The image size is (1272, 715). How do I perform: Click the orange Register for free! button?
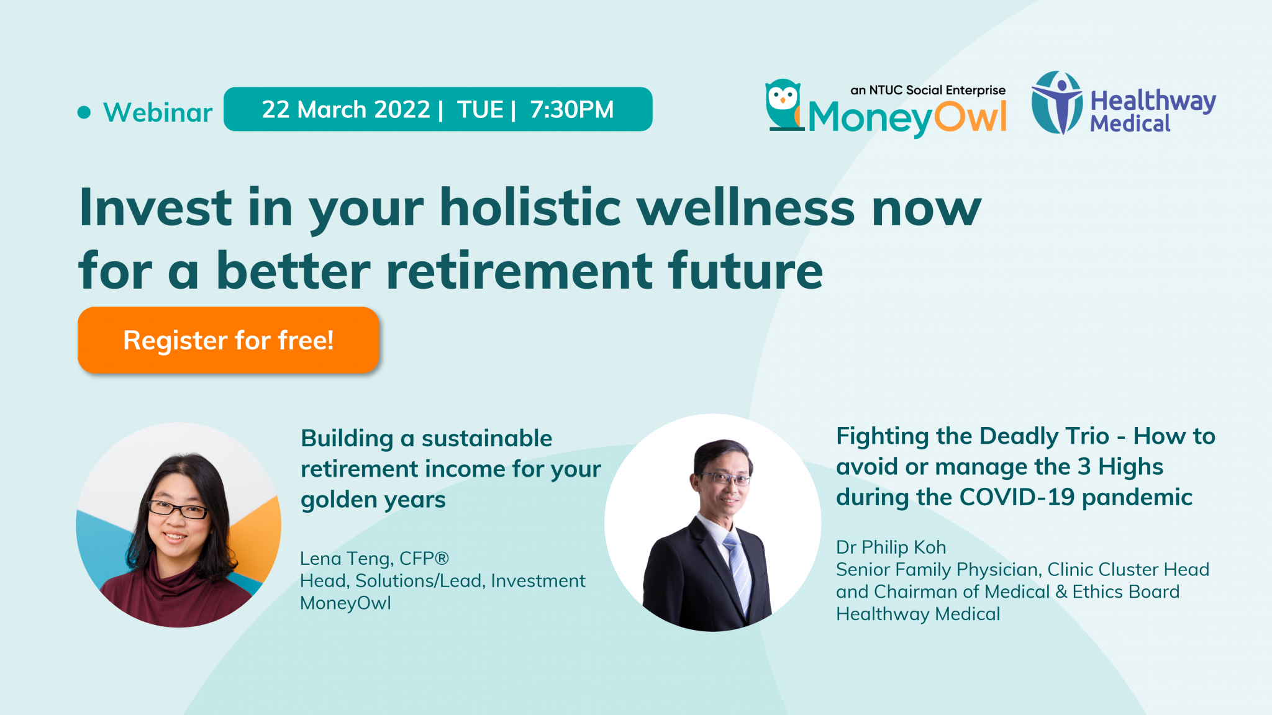pyautogui.click(x=228, y=340)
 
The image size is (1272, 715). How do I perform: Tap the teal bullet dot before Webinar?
pyautogui.click(x=84, y=112)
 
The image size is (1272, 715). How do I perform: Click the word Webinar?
pyautogui.click(x=158, y=112)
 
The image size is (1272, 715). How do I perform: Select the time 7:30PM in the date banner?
pyautogui.click(x=571, y=109)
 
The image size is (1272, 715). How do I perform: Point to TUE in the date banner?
pyautogui.click(x=480, y=109)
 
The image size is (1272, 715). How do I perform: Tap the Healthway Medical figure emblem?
pyautogui.click(x=1056, y=102)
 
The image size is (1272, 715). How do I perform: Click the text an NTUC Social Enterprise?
pyautogui.click(x=927, y=90)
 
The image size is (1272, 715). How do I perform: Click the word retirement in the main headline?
pyautogui.click(x=519, y=271)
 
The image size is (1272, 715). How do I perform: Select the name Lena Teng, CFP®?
pyautogui.click(x=374, y=559)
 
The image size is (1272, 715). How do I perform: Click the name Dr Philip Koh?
pyautogui.click(x=891, y=547)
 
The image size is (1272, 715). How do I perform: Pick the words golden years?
pyautogui.click(x=373, y=500)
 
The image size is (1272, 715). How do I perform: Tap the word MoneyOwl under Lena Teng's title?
pyautogui.click(x=345, y=603)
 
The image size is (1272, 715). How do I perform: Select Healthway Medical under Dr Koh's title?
pyautogui.click(x=917, y=614)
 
